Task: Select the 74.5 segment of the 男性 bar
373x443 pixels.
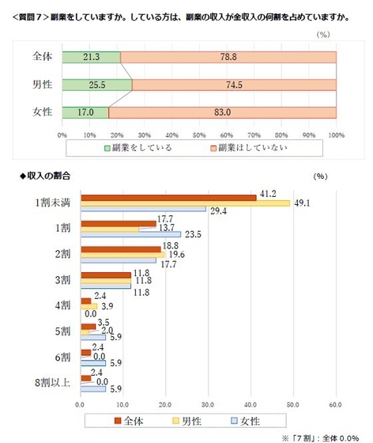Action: tap(234, 85)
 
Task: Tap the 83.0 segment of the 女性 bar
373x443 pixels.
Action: tap(223, 112)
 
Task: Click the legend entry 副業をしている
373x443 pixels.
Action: tap(140, 146)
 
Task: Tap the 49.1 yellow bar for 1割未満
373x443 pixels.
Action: tap(185, 203)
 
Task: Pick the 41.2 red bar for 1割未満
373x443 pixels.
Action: tap(168, 196)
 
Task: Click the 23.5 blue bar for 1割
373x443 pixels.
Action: tap(130, 233)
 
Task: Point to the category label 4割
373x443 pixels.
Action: tap(64, 304)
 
